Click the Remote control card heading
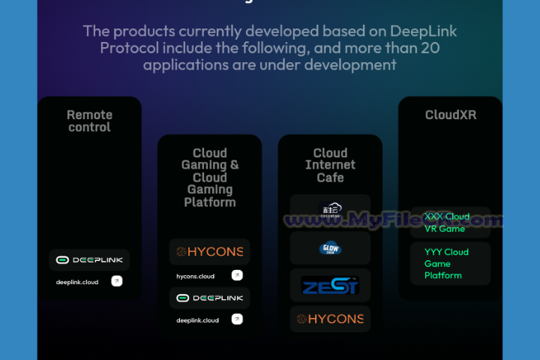click(x=89, y=121)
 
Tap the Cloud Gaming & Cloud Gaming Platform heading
click(x=210, y=178)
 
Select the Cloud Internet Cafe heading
click(x=330, y=165)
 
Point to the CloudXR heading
click(x=451, y=115)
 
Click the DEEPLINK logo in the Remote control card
click(x=89, y=259)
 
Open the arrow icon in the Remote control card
click(x=117, y=281)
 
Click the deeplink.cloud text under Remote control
click(x=77, y=282)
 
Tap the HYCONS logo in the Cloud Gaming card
click(x=209, y=252)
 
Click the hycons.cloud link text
click(x=196, y=276)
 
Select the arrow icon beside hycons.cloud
click(x=237, y=275)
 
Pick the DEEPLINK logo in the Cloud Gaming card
click(x=209, y=298)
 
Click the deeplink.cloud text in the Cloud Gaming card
click(x=198, y=320)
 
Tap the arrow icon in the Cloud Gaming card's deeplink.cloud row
click(x=237, y=319)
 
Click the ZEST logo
click(x=330, y=285)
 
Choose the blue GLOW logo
click(x=330, y=248)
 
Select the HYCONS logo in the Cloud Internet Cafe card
click(x=330, y=319)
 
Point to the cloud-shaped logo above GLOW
click(x=330, y=211)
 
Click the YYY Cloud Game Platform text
click(x=446, y=263)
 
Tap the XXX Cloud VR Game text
click(x=447, y=223)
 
